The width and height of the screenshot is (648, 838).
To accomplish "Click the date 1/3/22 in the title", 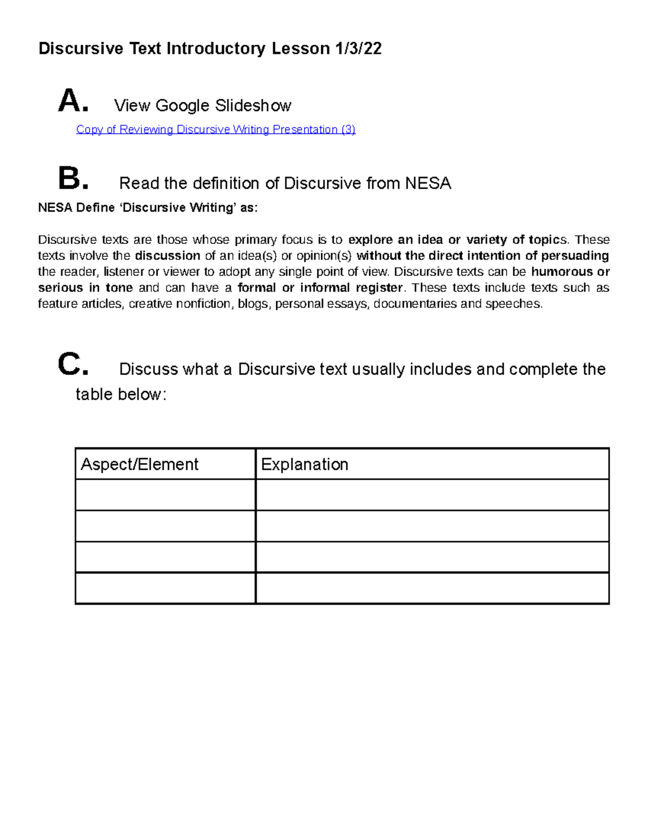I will click(x=358, y=49).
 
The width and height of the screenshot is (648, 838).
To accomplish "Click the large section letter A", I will click(x=72, y=101).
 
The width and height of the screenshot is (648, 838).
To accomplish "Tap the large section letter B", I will click(x=72, y=179).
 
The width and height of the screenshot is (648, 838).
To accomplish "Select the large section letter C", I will click(x=72, y=365).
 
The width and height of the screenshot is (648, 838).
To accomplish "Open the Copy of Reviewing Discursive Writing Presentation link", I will click(x=215, y=130).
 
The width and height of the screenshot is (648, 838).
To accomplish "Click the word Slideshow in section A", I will click(x=253, y=105).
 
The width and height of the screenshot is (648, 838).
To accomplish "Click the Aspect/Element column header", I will click(x=139, y=464).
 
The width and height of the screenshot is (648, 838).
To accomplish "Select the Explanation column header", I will click(x=305, y=464).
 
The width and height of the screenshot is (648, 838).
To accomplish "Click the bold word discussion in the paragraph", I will click(x=167, y=256).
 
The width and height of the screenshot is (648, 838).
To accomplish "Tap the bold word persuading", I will click(x=575, y=256).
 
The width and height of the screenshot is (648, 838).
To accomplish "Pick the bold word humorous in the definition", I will click(x=560, y=271).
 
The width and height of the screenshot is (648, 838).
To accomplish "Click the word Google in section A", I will click(x=182, y=105).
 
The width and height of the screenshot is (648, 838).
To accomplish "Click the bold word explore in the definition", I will click(x=370, y=240).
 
